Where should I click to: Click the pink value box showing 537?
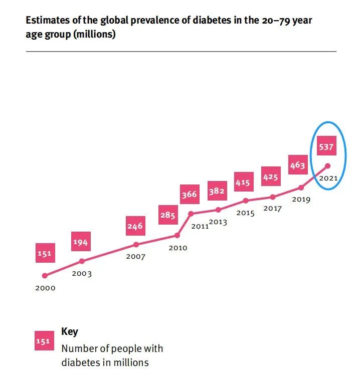coord(325,148)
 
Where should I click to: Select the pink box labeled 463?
coord(297,165)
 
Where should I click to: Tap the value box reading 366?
coord(189,194)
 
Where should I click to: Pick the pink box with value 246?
coord(134,226)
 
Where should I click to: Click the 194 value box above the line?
coord(80,243)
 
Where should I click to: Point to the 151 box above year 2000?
coord(44,254)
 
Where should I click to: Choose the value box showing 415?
coord(243,182)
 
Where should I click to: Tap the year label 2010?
coord(177,248)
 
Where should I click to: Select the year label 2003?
coord(82,274)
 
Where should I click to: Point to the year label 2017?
coord(272,209)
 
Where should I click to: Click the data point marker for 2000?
coord(45,275)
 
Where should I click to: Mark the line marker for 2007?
coord(136,245)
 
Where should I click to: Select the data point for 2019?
coord(301,188)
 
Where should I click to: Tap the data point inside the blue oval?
coord(327,165)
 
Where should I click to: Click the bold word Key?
coord(69,332)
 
